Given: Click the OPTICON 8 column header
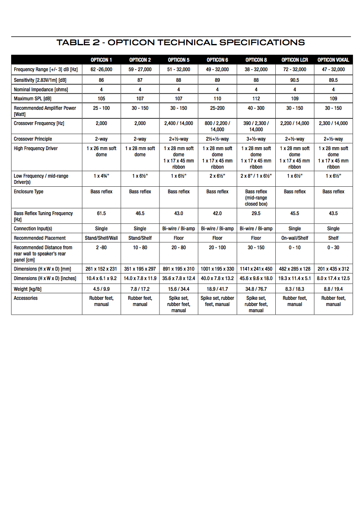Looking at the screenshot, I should pos(256,60).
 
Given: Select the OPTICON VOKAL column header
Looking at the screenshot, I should pos(333,60).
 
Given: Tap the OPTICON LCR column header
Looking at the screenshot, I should pos(295,60).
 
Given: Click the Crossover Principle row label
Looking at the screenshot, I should pos(33,139).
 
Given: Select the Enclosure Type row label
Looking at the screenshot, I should pos(28,192).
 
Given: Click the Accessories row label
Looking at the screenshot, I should pos(25,298).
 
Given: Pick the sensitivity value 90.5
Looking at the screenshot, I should pos(295,80).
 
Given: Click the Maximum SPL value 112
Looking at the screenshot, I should pos(256,99).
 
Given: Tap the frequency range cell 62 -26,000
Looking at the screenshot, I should pos(102,70).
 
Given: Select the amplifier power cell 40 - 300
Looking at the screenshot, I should pos(256,108).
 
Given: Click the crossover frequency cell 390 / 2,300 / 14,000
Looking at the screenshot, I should pos(256,126).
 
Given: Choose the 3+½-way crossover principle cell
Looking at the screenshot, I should pos(256,139).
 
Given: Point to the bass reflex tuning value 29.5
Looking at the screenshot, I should pos(256,213).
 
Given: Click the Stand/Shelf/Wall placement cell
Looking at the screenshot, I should pos(102,238).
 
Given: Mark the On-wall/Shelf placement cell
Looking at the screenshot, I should pos(295,238).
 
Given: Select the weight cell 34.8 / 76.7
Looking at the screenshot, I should pos(256,289).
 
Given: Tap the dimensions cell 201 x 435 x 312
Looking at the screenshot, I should pos(333,269).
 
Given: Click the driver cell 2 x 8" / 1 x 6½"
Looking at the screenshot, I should pos(256,176).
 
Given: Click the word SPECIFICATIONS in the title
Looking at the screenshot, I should pos(262,42).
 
